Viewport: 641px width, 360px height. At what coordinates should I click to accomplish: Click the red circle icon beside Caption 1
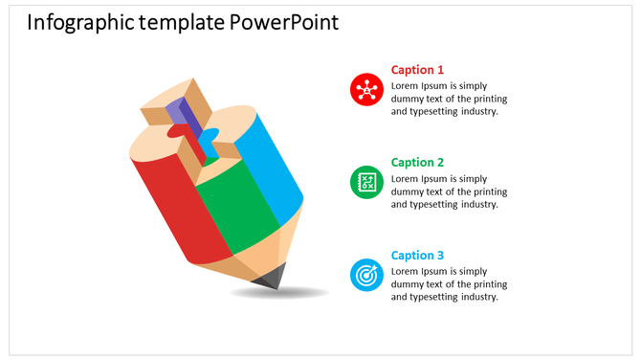(366, 90)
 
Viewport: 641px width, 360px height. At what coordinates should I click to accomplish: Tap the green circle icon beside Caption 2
(366, 182)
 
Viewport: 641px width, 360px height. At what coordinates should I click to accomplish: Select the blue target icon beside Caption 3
(366, 275)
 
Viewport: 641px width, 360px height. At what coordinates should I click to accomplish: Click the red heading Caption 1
(417, 70)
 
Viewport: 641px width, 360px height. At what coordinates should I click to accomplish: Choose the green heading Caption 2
(417, 163)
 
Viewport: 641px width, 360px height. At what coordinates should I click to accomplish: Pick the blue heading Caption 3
(417, 256)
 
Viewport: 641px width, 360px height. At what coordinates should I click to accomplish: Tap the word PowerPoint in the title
(284, 22)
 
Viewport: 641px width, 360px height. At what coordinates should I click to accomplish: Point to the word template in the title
(181, 22)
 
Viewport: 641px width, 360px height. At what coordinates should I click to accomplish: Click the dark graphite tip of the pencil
(271, 277)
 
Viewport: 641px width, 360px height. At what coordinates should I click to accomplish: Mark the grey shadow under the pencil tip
(282, 292)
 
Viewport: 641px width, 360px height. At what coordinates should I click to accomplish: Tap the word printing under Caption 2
(488, 191)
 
